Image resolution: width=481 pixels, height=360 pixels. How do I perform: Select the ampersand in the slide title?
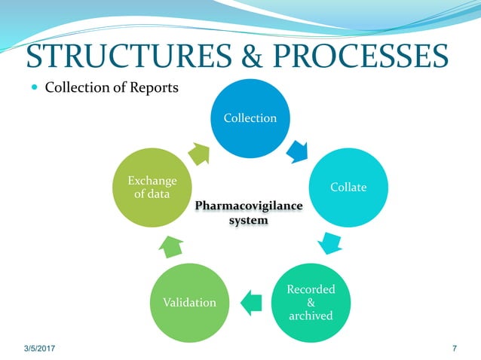tap(245, 55)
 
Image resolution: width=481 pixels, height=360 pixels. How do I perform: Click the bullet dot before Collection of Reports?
tap(35, 88)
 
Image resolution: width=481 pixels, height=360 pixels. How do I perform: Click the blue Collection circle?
tap(249, 117)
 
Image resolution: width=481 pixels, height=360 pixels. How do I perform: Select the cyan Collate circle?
tap(348, 187)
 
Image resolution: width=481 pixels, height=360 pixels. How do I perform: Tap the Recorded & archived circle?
tap(311, 302)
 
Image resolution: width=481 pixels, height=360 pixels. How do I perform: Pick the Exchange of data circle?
tap(152, 188)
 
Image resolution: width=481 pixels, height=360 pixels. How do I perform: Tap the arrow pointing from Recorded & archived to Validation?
tap(250, 302)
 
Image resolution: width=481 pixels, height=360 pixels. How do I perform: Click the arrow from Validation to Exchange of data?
tap(172, 245)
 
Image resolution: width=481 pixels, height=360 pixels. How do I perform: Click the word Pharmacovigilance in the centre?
tap(250, 205)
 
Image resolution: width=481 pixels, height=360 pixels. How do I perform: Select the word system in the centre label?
tap(250, 221)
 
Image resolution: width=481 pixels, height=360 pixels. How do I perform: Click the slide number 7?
tap(454, 349)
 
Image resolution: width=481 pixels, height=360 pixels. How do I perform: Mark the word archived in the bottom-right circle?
tap(311, 316)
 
